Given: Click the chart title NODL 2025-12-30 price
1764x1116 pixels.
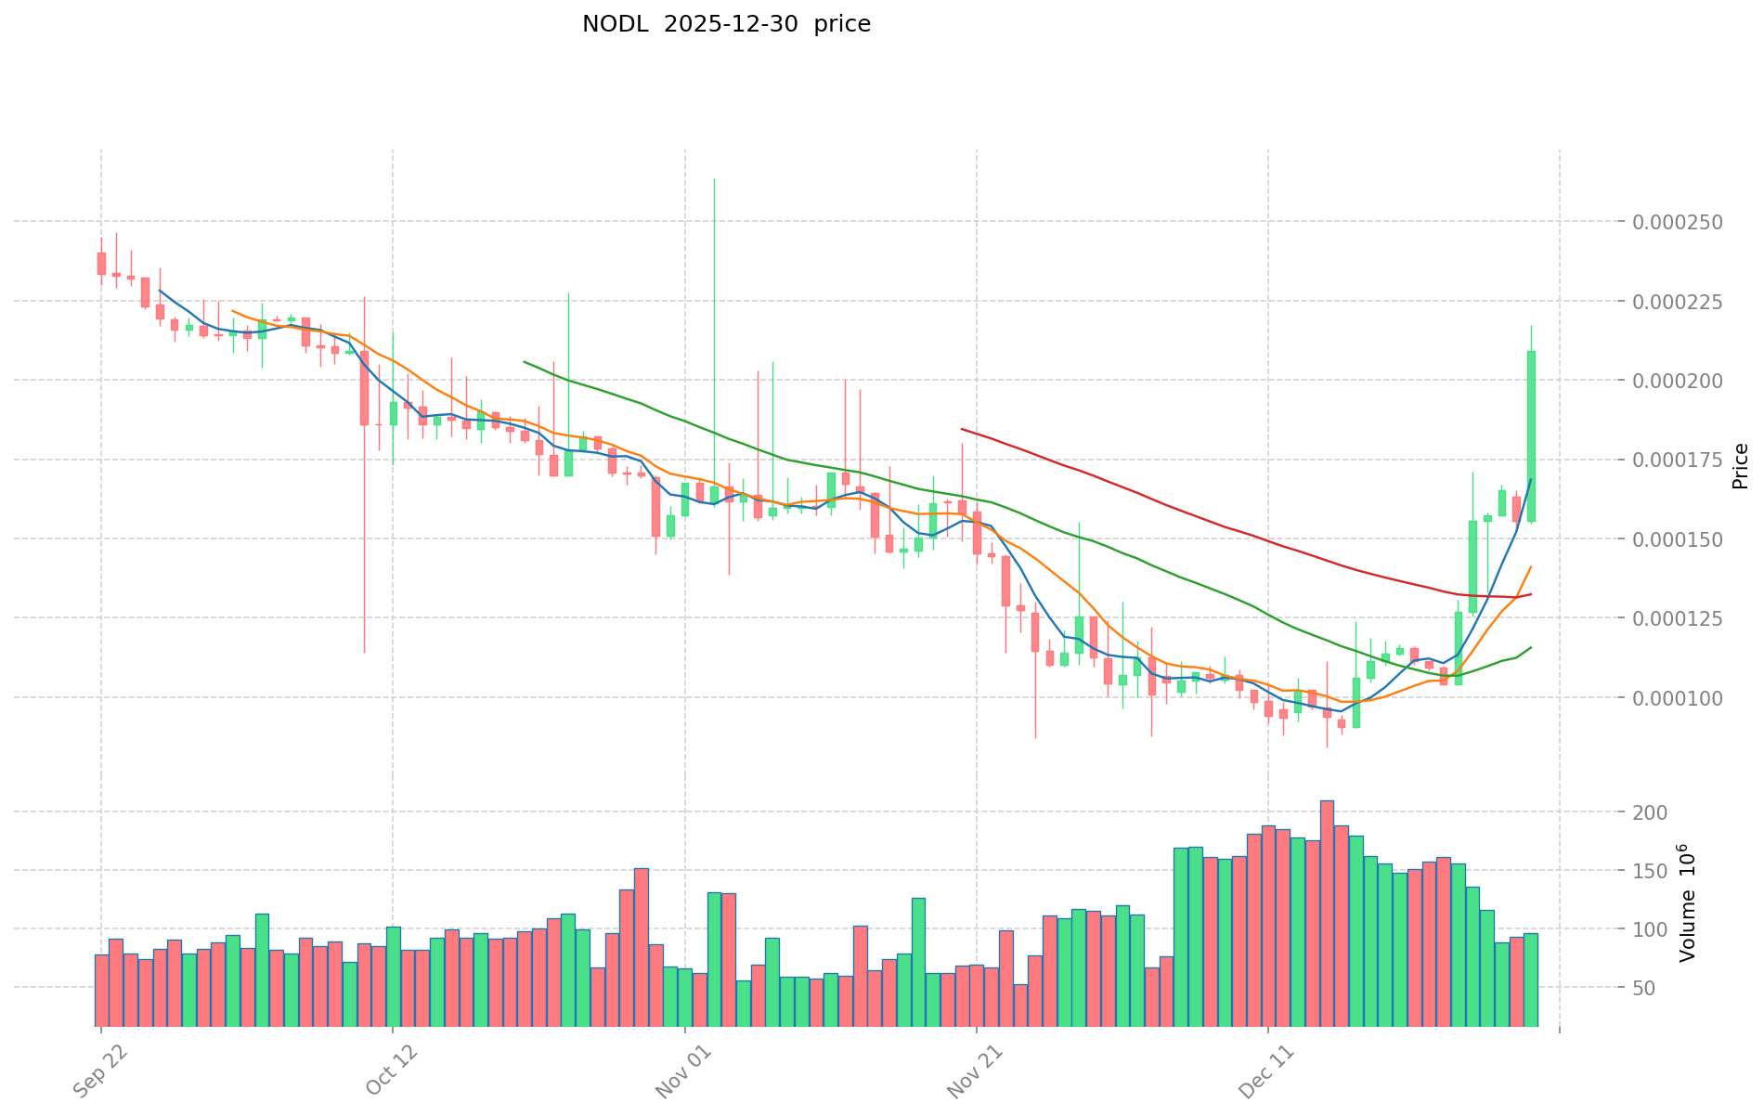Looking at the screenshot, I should (726, 24).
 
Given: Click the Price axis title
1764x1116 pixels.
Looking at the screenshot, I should (1740, 466).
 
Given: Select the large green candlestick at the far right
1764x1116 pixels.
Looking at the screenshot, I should (1531, 436).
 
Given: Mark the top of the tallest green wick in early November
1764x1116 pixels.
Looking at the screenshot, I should (714, 179).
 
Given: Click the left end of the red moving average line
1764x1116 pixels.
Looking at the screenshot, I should (962, 429).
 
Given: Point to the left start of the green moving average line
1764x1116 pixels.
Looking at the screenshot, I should (525, 362).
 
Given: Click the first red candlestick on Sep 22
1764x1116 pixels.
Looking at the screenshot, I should (101, 264).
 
